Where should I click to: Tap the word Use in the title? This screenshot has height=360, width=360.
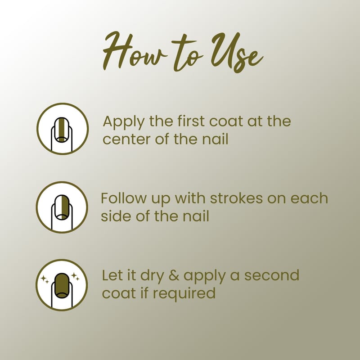point(237,52)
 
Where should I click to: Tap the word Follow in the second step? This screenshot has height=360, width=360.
point(123,198)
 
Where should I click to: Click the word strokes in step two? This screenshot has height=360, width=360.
point(236,198)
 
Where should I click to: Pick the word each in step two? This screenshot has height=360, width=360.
point(309,198)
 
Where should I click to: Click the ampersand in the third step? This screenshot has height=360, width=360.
point(174,275)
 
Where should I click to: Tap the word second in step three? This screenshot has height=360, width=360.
point(272,275)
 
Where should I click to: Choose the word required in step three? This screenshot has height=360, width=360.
point(184,293)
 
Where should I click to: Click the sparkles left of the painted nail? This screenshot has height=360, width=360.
point(45,279)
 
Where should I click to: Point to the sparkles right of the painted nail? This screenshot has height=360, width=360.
point(75,276)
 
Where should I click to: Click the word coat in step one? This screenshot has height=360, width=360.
point(226,121)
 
